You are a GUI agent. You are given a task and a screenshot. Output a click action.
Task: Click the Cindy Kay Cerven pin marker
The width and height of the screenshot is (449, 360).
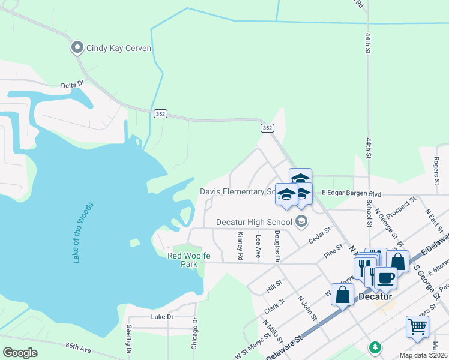[77, 47]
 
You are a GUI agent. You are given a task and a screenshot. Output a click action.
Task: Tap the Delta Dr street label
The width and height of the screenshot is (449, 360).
[73, 86]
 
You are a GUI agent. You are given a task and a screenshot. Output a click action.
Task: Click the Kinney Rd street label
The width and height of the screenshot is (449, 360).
[240, 246]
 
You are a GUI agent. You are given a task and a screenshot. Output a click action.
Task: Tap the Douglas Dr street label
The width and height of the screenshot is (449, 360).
[277, 247]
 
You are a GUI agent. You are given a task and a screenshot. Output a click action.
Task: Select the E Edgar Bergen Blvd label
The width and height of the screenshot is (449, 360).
[352, 193]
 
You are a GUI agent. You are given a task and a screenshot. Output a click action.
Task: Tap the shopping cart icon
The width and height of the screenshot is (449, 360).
[417, 326]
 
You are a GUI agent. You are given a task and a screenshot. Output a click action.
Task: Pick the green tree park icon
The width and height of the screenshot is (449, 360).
[375, 347]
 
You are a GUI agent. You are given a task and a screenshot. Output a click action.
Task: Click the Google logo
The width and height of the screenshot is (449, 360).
[20, 353]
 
